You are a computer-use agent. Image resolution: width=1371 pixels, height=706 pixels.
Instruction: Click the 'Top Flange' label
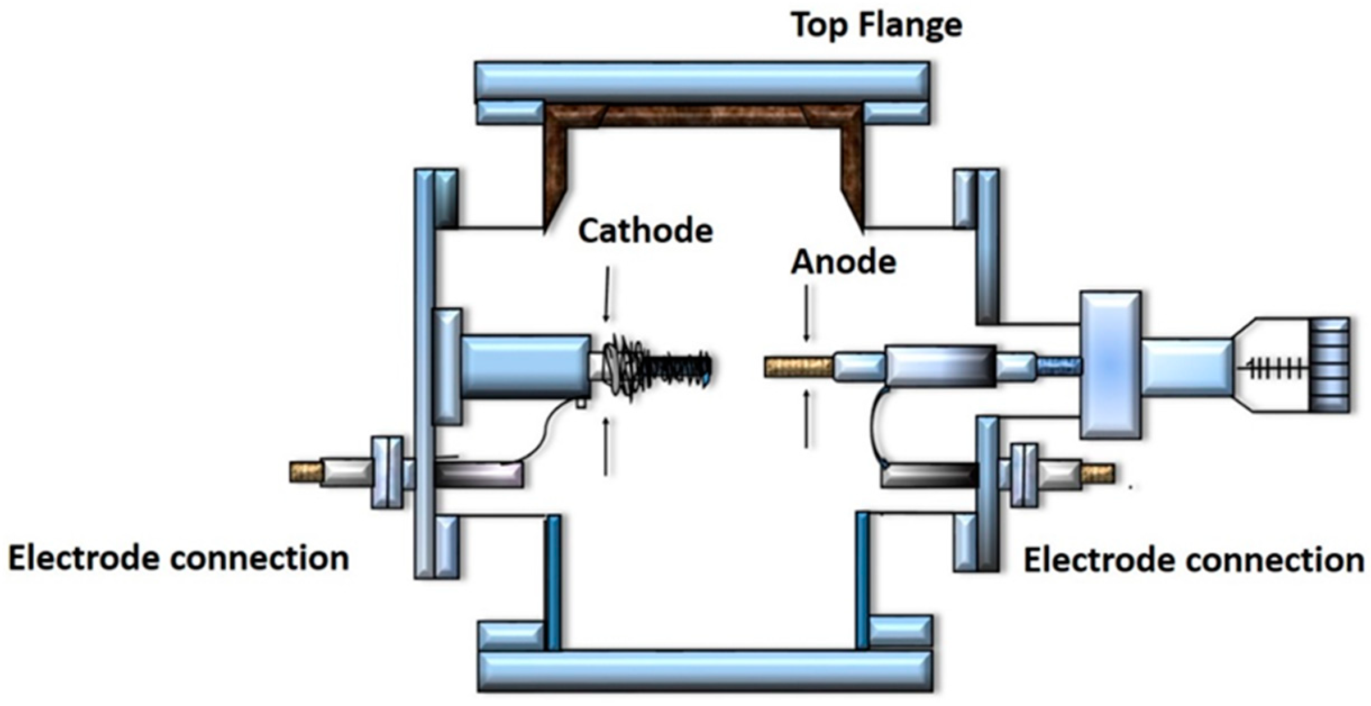click(876, 25)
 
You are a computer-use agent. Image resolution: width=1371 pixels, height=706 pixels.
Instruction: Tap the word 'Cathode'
click(646, 231)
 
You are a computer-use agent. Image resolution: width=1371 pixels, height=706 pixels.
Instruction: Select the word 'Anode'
click(843, 262)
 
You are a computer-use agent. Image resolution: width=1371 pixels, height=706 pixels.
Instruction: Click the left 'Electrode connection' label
click(179, 559)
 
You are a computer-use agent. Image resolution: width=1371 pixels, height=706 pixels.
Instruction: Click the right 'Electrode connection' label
click(1194, 561)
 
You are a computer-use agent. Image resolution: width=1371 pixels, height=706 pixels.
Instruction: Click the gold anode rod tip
click(798, 367)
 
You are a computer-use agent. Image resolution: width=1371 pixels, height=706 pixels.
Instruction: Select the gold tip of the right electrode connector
click(1098, 473)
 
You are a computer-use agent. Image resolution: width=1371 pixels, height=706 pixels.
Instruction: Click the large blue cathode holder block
click(525, 367)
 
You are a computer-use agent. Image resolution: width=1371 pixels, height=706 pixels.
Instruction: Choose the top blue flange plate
click(702, 81)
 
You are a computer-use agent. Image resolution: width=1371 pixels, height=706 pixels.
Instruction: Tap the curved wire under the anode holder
click(874, 427)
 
